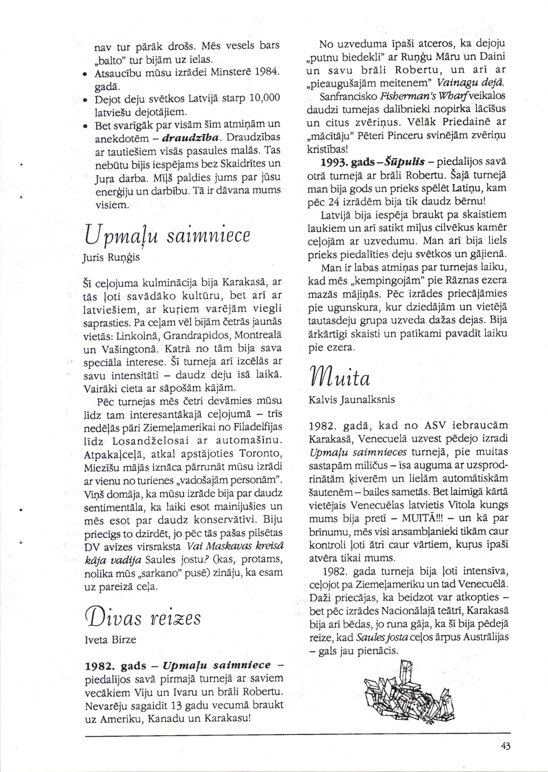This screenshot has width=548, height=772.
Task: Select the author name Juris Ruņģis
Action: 111,258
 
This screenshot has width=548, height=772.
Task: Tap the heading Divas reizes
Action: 142,618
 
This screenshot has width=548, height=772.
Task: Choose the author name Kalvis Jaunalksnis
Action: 352,400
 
